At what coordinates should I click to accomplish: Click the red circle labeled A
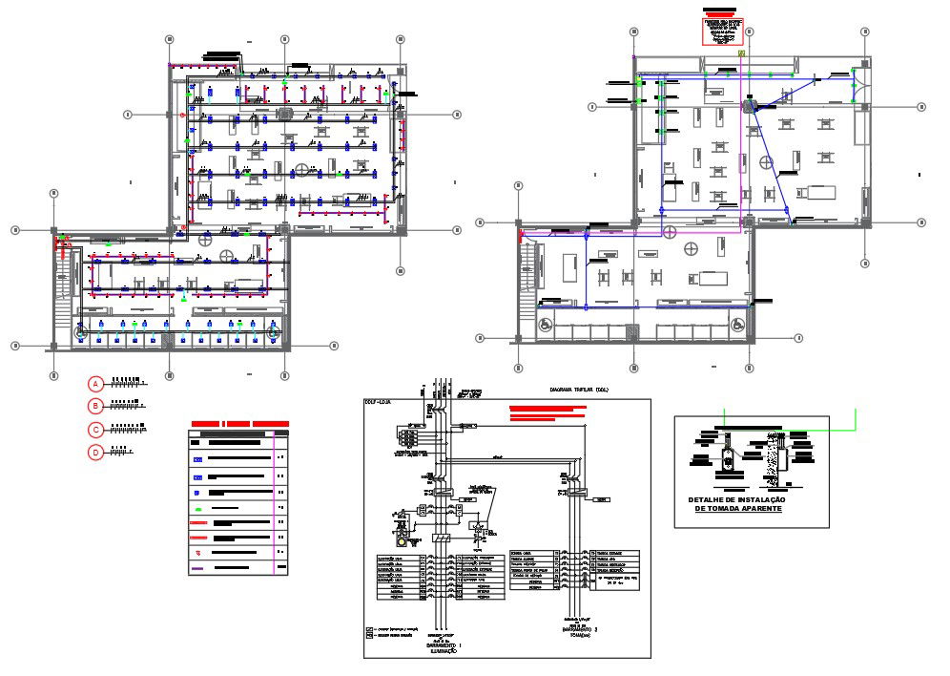95,384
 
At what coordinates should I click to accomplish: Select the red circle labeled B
95,407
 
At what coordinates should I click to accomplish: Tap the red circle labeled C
95,430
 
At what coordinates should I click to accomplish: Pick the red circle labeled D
95,453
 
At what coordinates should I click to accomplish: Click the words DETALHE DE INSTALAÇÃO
735,499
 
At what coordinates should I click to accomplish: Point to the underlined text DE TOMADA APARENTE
735,509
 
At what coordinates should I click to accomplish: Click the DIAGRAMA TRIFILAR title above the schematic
578,391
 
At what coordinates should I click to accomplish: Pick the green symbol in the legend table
197,493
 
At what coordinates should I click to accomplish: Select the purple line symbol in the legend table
197,569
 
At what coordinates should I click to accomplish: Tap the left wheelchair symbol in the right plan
546,325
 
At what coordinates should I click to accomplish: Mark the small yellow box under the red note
741,54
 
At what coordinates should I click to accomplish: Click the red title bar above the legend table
240,423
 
